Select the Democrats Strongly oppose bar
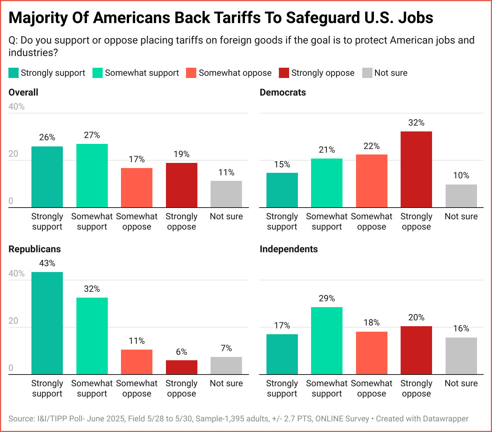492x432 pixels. pyautogui.click(x=416, y=170)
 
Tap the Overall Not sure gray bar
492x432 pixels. pyautogui.click(x=226, y=194)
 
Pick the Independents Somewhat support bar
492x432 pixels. pyautogui.click(x=327, y=340)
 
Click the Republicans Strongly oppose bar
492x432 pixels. pyautogui.click(x=182, y=367)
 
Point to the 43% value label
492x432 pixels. pyautogui.click(x=47, y=263)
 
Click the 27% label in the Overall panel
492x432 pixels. pyautogui.click(x=92, y=135)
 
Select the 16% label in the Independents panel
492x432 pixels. pyautogui.click(x=461, y=328)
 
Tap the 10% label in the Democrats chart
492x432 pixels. pyautogui.click(x=461, y=175)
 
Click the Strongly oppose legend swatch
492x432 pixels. pyautogui.click(x=284, y=73)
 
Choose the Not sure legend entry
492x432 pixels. pyautogui.click(x=390, y=73)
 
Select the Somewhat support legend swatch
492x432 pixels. pyautogui.click(x=98, y=73)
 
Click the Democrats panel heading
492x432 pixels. pyautogui.click(x=283, y=92)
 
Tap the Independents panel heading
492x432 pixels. pyautogui.click(x=288, y=249)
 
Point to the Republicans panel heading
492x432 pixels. pyautogui.click(x=35, y=249)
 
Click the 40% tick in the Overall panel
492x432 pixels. pyautogui.click(x=16, y=107)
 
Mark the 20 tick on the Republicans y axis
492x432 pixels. pyautogui.click(x=14, y=321)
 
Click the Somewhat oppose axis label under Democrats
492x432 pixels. pyautogui.click(x=371, y=221)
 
